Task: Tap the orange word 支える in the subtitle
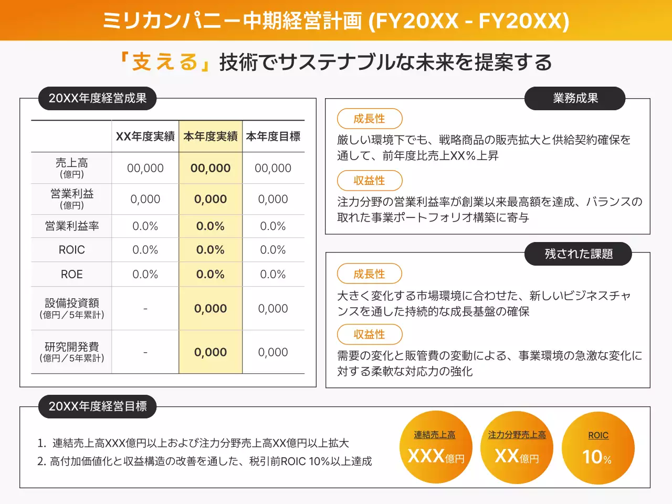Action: coord(164,62)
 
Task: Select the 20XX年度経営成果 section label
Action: coord(98,98)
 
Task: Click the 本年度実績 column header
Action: coord(211,136)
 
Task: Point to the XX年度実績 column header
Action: coord(145,136)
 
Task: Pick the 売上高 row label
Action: coord(72,167)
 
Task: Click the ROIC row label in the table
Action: coord(72,250)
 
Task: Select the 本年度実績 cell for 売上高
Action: coord(211,168)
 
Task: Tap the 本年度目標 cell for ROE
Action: coord(273,274)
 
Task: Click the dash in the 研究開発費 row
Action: coord(145,352)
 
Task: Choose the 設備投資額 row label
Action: coord(72,308)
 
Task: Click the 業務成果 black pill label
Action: coord(575,98)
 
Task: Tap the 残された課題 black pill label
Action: coord(579,254)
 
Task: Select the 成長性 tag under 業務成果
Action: coord(370,119)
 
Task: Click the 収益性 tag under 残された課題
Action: coord(370,334)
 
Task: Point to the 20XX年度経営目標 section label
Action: coord(98,406)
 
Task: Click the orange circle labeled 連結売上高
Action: coord(435,447)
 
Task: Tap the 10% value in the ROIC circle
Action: coord(597,457)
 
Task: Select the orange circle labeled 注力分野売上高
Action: coord(517,447)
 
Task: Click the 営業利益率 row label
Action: coord(72,226)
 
